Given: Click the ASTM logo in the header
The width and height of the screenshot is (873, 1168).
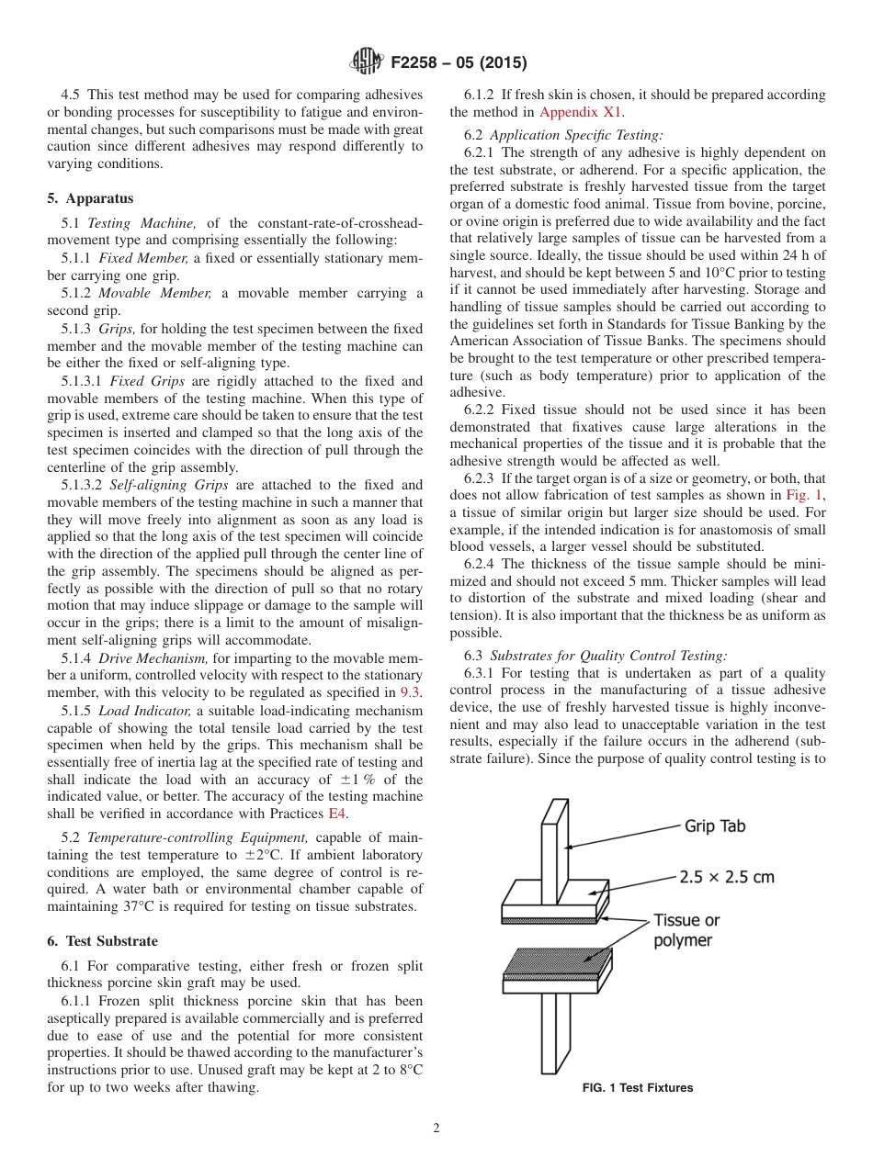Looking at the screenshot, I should [x=367, y=62].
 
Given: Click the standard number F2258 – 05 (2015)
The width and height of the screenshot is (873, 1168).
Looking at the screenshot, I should [x=459, y=63].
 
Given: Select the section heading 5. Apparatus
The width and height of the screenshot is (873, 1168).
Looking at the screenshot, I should [x=90, y=198].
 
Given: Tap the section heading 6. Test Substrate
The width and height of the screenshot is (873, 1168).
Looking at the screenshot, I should [x=102, y=941].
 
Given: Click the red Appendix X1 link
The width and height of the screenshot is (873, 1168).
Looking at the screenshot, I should [x=581, y=112].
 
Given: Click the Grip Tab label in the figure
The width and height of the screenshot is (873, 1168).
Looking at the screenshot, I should [x=715, y=825].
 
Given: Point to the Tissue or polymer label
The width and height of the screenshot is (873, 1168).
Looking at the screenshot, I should [x=686, y=929].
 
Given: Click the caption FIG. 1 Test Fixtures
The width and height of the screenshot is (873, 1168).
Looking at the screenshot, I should [x=638, y=1088].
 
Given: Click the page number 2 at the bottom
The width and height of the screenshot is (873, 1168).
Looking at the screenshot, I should [x=436, y=1129].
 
